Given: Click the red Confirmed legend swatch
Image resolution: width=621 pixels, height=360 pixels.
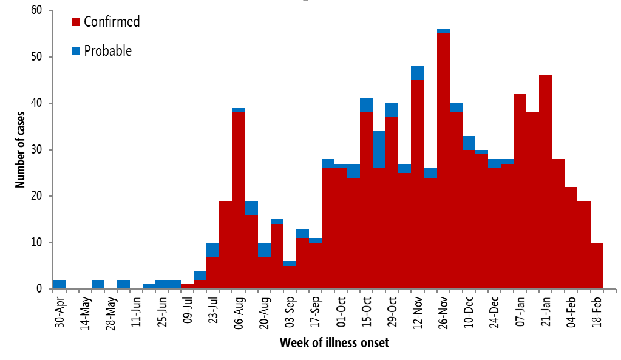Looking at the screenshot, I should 76,22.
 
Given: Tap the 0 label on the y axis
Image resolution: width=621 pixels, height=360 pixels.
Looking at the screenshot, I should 39,289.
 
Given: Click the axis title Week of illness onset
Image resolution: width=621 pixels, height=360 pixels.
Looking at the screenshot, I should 334,343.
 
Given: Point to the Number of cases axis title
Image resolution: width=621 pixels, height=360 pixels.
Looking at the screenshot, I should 19,149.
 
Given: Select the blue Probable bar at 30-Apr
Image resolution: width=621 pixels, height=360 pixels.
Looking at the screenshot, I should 59,284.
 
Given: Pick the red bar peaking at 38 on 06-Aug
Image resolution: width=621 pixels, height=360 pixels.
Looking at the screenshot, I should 239,200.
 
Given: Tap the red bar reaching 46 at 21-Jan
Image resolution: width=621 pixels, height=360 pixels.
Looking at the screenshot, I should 545,182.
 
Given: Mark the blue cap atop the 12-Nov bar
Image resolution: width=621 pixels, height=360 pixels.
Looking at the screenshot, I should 418,73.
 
